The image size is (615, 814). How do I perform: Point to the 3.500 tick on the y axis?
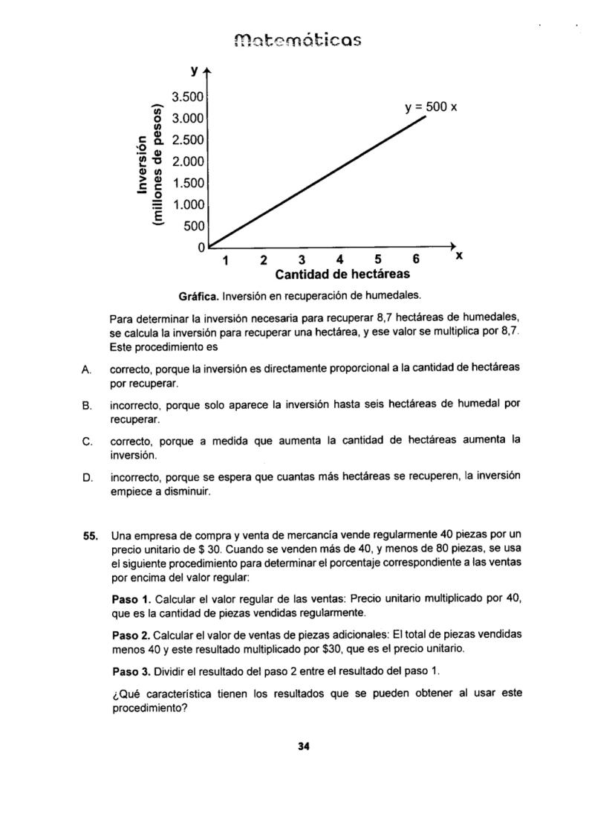click(186, 97)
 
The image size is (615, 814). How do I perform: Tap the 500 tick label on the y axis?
click(193, 226)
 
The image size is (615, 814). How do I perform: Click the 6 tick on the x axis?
click(416, 259)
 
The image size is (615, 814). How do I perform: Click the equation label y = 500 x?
click(431, 107)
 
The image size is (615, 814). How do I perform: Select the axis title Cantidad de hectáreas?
click(342, 274)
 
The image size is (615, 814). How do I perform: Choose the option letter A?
click(87, 368)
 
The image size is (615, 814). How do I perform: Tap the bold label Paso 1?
click(131, 597)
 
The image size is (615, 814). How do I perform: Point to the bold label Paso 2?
click(131, 635)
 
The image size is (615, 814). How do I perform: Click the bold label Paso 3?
click(131, 671)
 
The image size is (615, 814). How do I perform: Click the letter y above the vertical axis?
click(195, 71)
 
